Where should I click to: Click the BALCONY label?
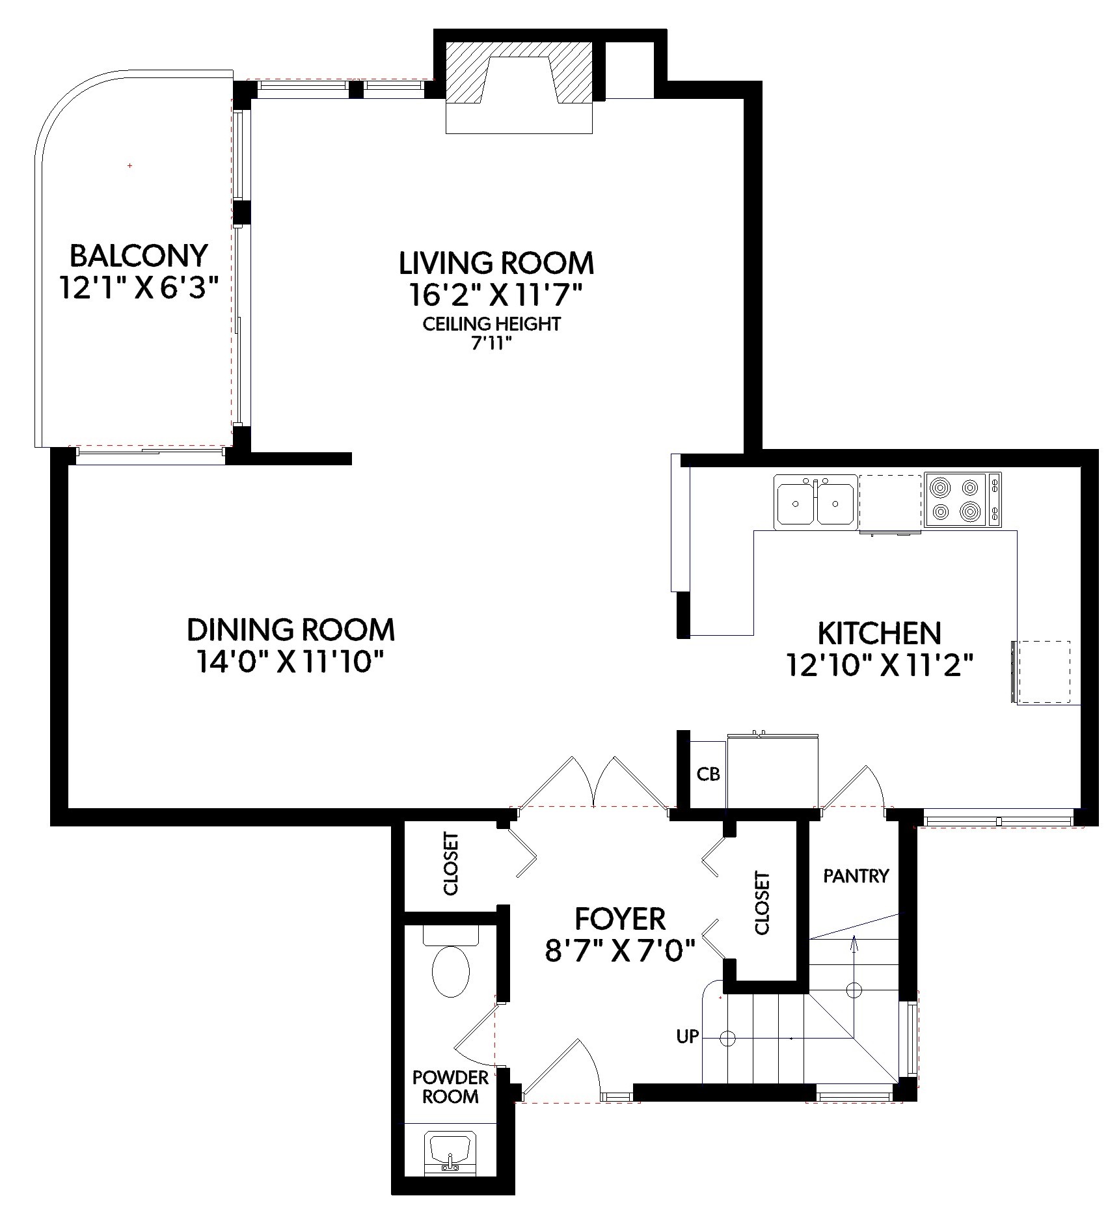click(x=139, y=256)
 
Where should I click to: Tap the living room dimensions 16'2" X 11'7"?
click(x=494, y=296)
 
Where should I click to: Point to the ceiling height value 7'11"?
click(x=491, y=344)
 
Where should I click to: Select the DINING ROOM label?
click(x=291, y=630)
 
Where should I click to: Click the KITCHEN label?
click(x=879, y=633)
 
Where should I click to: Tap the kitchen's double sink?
click(x=815, y=502)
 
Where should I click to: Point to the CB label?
click(x=709, y=774)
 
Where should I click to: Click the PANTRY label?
click(x=856, y=876)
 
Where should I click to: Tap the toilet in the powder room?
click(x=451, y=960)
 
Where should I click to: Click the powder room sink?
click(x=450, y=1154)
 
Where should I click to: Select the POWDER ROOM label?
click(x=450, y=1087)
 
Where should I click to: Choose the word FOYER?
click(x=620, y=919)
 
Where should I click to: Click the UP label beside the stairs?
click(x=687, y=1036)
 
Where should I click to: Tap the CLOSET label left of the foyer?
click(x=451, y=864)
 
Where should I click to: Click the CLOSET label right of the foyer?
click(x=762, y=904)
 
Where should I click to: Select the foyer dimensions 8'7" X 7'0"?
click(x=620, y=951)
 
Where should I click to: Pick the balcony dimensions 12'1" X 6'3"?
click(x=138, y=288)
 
